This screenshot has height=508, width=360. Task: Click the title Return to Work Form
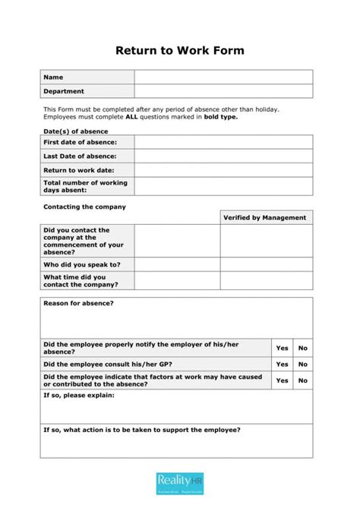180,51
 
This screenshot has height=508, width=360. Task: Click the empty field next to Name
223,77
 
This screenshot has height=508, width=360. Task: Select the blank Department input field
223,91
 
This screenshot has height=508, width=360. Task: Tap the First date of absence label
80,142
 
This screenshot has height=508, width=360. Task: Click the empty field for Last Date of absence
223,156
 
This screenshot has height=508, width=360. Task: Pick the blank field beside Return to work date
223,170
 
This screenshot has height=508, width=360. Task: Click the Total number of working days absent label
85,186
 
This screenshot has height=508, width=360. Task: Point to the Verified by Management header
265,217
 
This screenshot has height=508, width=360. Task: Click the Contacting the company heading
84,207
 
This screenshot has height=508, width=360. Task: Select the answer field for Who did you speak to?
177,264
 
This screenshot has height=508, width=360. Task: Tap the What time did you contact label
81,281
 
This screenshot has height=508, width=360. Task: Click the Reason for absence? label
78,304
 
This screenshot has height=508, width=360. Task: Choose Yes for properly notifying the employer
283,348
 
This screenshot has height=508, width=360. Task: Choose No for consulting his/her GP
303,364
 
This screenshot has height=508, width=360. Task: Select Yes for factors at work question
283,380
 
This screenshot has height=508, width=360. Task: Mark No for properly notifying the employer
303,348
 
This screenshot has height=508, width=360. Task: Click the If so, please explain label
78,396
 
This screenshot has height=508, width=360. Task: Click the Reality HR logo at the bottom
179,482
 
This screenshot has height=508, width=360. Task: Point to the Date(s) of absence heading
75,131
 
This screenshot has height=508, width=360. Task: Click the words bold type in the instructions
221,117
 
